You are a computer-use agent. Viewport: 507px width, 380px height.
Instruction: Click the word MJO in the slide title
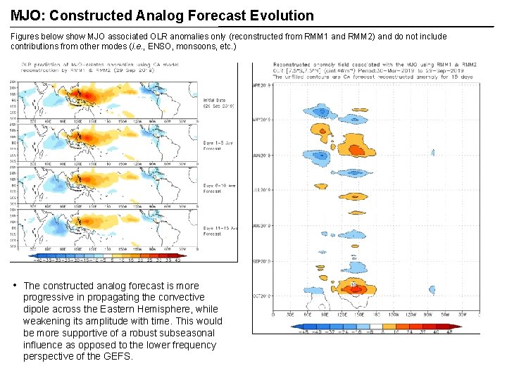pos(25,15)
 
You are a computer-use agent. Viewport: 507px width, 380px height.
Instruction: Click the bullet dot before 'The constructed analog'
pos(15,285)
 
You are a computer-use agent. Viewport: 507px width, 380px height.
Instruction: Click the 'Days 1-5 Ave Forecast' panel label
pos(218,145)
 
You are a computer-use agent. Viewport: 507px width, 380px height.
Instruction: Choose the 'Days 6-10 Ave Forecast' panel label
pos(218,188)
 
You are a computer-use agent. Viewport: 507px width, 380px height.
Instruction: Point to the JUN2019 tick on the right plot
pos(263,155)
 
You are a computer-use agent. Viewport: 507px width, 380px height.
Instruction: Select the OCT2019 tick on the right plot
pos(263,296)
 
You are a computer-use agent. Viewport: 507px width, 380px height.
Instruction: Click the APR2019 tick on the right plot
pos(263,85)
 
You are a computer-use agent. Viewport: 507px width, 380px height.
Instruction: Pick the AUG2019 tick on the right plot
pos(263,226)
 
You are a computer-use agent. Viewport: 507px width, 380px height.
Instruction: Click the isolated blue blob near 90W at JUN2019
pos(433,152)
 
